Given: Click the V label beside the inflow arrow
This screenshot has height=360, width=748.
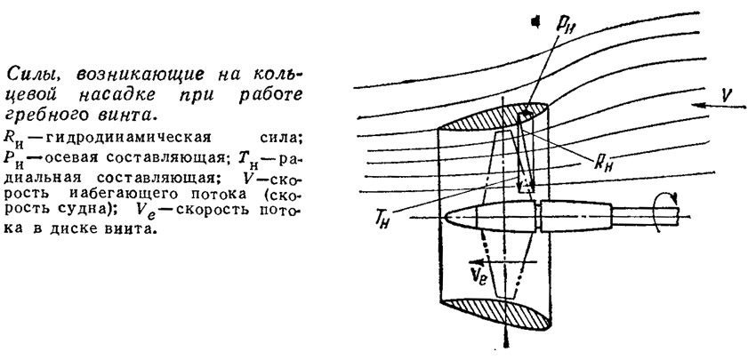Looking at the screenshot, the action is point(726,96).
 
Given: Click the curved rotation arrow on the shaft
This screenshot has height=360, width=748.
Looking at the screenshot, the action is point(667,211).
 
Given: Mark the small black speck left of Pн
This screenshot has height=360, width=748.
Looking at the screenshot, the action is point(536,22).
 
